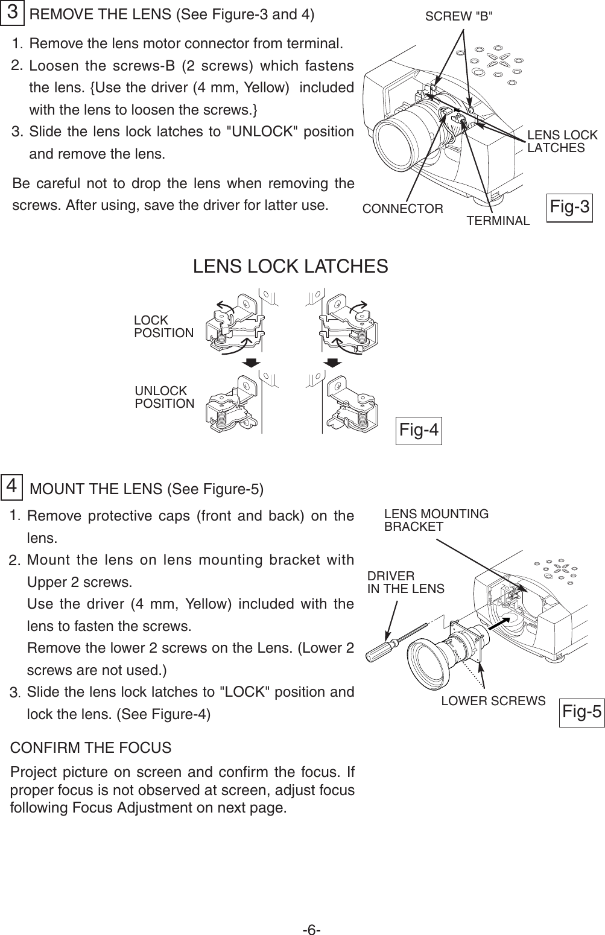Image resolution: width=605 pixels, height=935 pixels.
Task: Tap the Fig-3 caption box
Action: tap(569, 208)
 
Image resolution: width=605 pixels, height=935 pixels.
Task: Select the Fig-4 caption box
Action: tap(418, 431)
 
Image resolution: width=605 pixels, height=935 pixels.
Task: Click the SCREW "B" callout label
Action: tap(458, 17)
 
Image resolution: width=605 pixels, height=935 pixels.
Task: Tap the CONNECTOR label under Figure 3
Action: tap(402, 209)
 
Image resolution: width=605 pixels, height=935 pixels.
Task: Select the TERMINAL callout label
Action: tap(498, 221)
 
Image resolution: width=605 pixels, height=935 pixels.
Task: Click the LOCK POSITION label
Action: tap(163, 326)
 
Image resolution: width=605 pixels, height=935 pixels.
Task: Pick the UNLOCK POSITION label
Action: tap(164, 397)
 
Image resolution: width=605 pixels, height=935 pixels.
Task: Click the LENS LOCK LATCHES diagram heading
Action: tap(290, 266)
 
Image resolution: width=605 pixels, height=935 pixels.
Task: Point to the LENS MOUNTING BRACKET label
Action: tap(436, 520)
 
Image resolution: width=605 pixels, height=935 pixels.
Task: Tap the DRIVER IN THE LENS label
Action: tap(405, 582)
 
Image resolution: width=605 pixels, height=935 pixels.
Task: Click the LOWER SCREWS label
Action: tap(493, 700)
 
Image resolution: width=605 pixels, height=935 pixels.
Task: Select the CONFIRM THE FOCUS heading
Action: tap(91, 748)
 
